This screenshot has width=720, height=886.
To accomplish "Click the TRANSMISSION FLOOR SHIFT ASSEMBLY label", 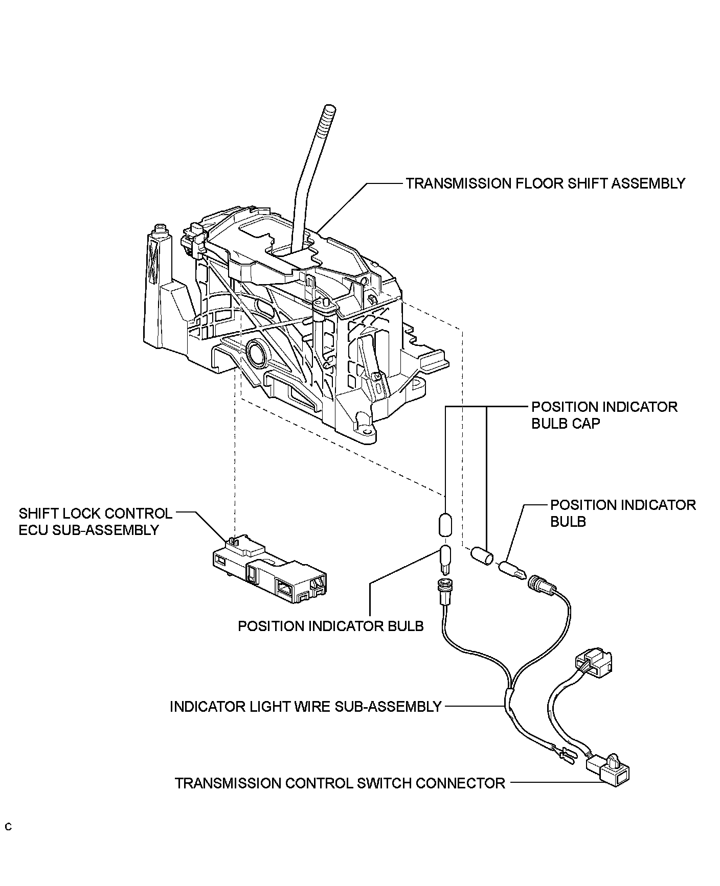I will pos(545,183).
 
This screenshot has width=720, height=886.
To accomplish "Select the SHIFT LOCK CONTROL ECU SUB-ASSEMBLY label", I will pos(95,521).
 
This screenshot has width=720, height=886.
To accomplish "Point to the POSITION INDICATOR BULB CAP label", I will pos(604,415).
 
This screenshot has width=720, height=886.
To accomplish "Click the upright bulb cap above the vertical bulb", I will pos(446,525).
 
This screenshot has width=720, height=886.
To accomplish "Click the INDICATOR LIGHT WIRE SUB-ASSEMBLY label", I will pos(305,707).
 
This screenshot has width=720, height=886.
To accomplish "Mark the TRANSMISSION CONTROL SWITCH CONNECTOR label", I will pos(340,783).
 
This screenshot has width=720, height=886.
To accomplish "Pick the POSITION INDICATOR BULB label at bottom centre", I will pos(331,626).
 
